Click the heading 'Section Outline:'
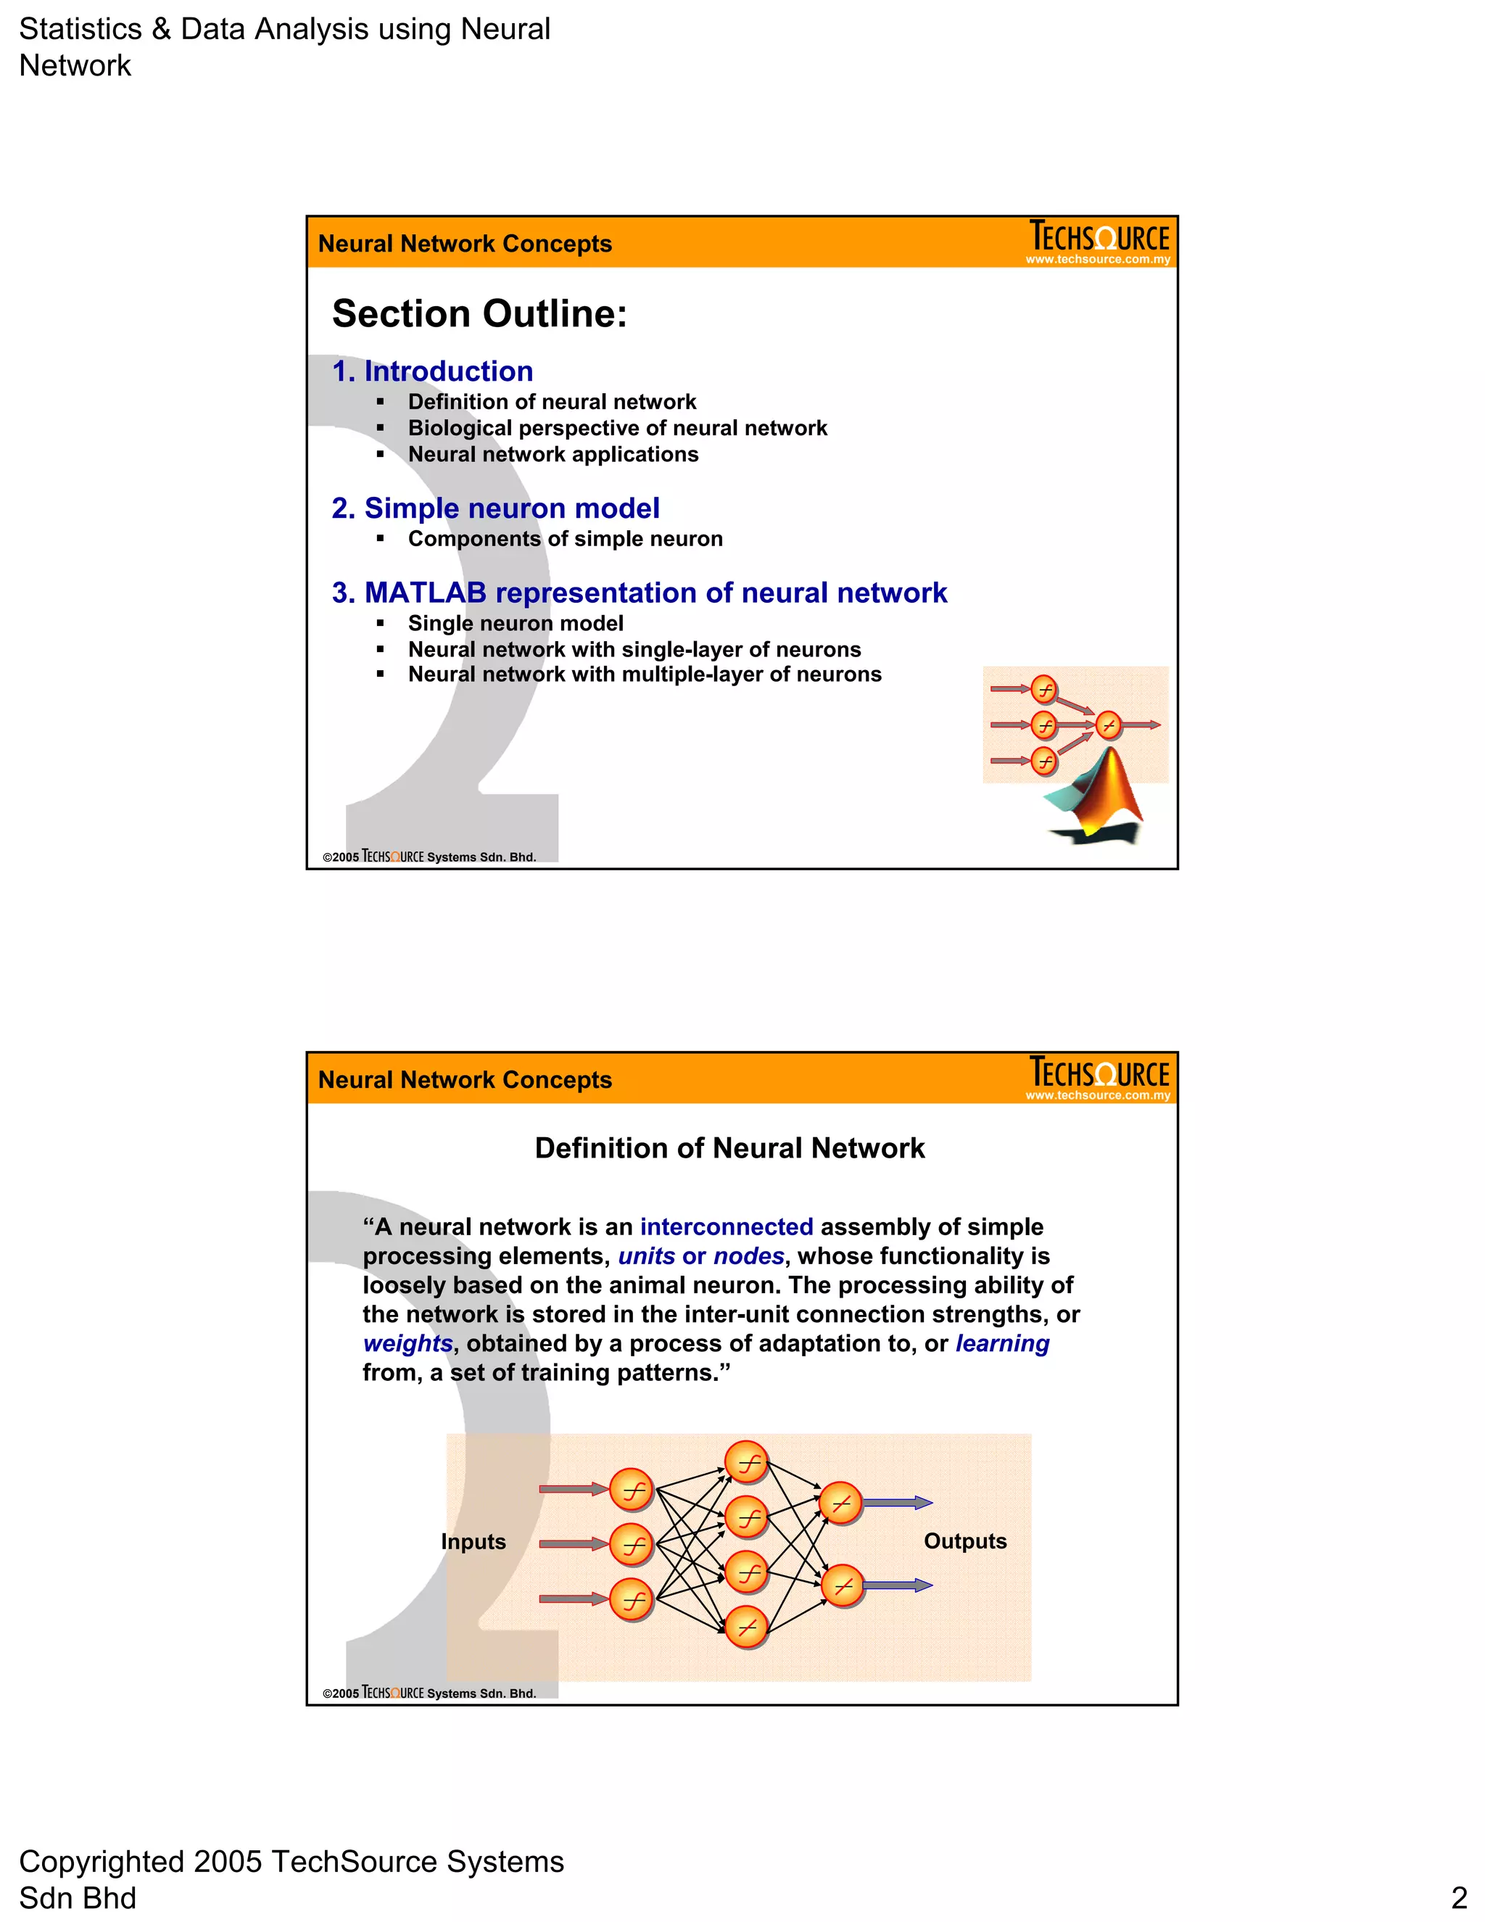click(x=479, y=314)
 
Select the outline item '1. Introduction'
click(x=432, y=371)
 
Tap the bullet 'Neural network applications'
click(x=553, y=455)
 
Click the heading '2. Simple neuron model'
click(x=495, y=508)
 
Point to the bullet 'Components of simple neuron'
click(x=565, y=540)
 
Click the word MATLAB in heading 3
click(x=425, y=593)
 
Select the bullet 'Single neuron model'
click(x=516, y=624)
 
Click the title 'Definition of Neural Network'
click(x=729, y=1148)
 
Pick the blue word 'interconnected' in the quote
click(x=726, y=1226)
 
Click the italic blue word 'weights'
click(x=408, y=1344)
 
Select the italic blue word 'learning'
click(x=1002, y=1344)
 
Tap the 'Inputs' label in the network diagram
click(x=473, y=1542)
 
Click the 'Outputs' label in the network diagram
click(x=965, y=1541)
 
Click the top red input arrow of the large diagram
click(x=573, y=1489)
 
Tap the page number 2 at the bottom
click(x=1459, y=1897)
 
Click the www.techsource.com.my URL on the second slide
click(x=1098, y=1096)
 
